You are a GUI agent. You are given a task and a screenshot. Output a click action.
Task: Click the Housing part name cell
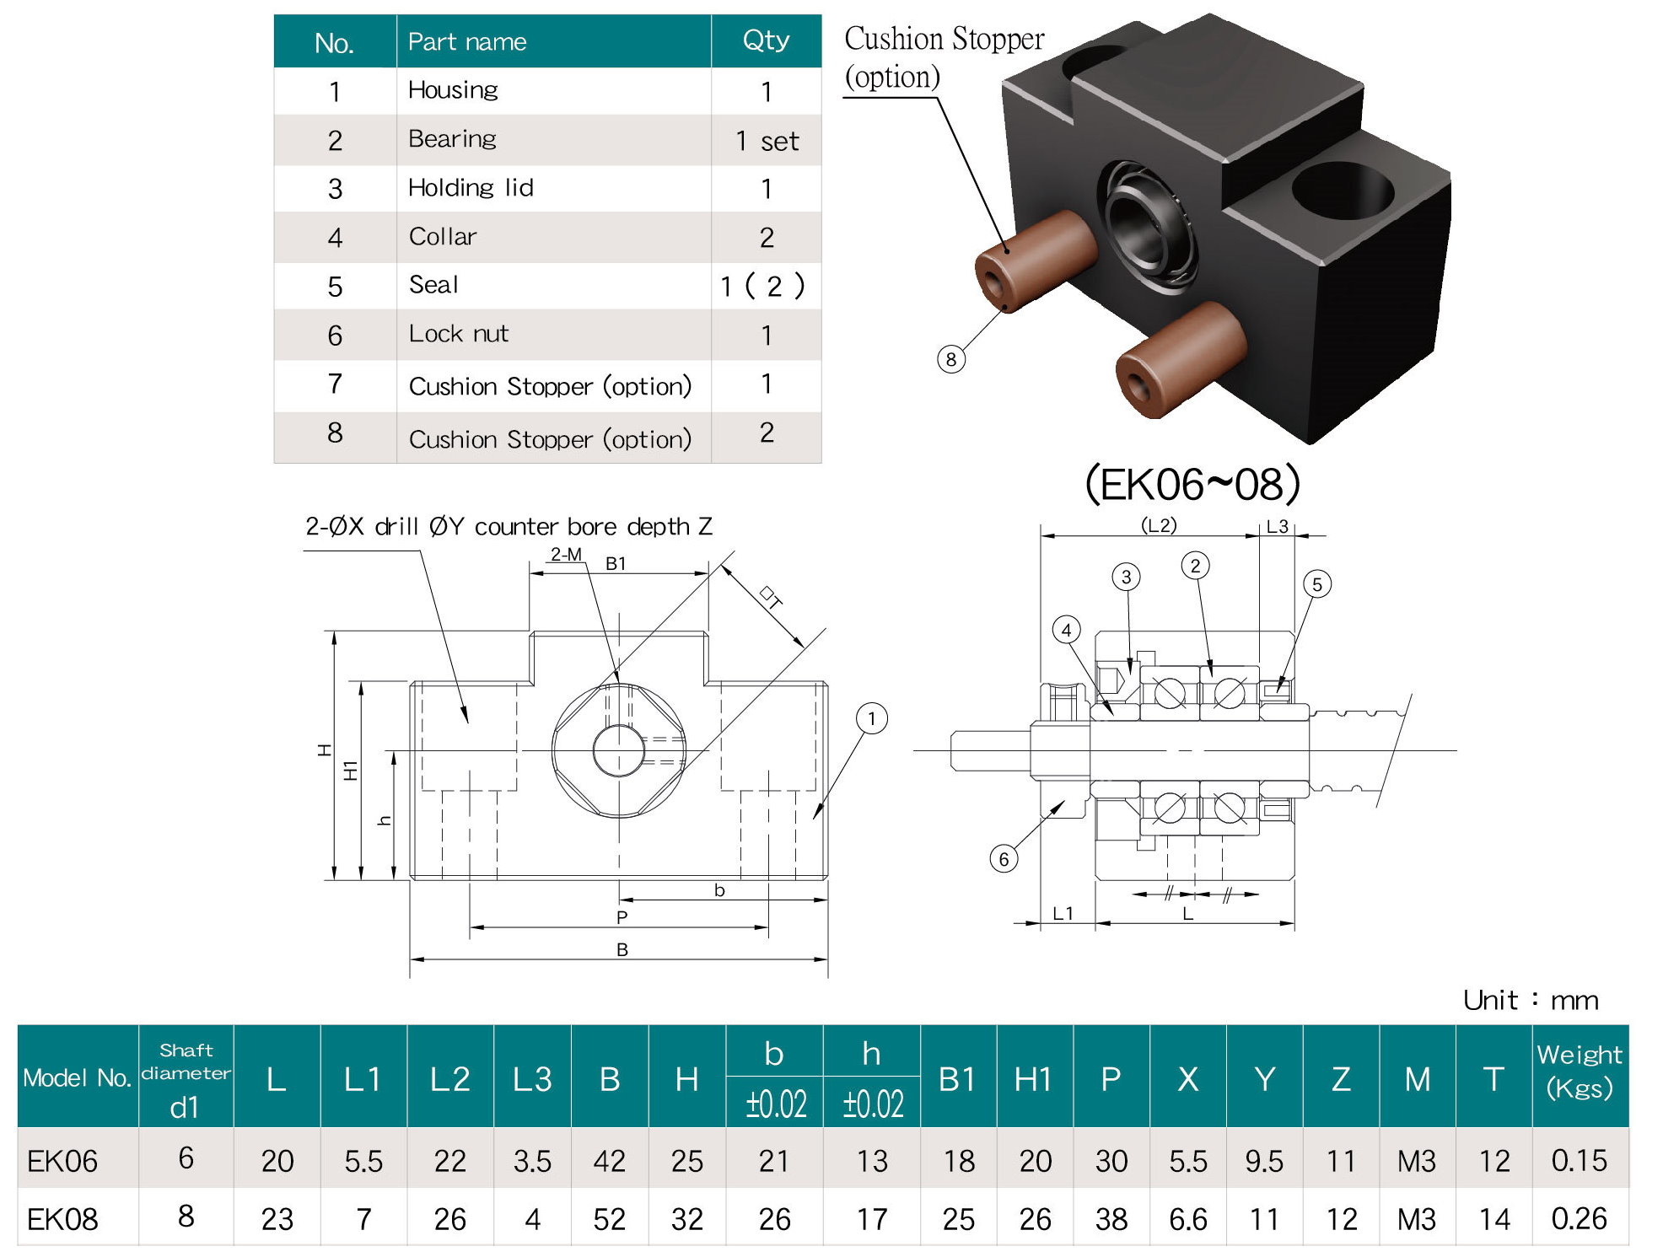point(453,90)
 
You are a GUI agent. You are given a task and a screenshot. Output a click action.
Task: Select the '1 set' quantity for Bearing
point(766,141)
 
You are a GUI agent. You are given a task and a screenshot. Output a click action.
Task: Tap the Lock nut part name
point(458,334)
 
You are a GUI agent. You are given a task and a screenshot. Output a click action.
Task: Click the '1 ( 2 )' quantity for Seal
point(762,287)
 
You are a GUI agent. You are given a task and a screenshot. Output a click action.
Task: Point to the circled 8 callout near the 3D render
point(950,360)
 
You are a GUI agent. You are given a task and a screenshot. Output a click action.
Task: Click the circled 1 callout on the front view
point(871,719)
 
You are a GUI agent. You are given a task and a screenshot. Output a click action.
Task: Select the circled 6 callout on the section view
point(1003,859)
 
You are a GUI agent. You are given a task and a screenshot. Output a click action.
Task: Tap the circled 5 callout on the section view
point(1316,584)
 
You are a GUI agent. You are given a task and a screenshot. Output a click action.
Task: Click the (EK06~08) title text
point(1192,485)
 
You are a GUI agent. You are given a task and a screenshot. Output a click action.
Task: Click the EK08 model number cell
point(62,1219)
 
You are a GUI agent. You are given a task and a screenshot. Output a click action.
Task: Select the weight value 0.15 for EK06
point(1579,1161)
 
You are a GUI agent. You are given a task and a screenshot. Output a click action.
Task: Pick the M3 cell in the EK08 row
point(1416,1219)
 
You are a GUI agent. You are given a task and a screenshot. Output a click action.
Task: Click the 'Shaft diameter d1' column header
point(186,1078)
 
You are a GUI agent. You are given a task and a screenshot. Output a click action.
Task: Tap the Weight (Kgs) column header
point(1579,1072)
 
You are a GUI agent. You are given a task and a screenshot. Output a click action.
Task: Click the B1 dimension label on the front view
point(616,563)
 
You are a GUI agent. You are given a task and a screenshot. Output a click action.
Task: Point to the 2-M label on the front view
point(566,554)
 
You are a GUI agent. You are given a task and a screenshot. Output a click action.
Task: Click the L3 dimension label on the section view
point(1277,527)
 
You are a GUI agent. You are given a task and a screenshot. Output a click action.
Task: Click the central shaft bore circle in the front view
point(619,750)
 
